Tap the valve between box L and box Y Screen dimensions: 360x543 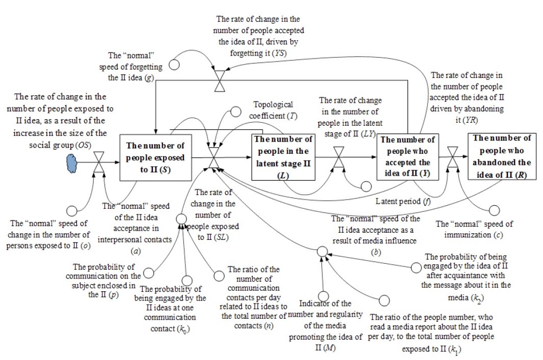338,158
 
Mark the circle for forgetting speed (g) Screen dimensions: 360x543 174,65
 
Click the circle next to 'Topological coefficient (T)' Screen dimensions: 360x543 235,111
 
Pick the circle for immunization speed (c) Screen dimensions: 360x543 495,210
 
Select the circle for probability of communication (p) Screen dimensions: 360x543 149,274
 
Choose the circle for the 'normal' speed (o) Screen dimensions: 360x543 72,209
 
